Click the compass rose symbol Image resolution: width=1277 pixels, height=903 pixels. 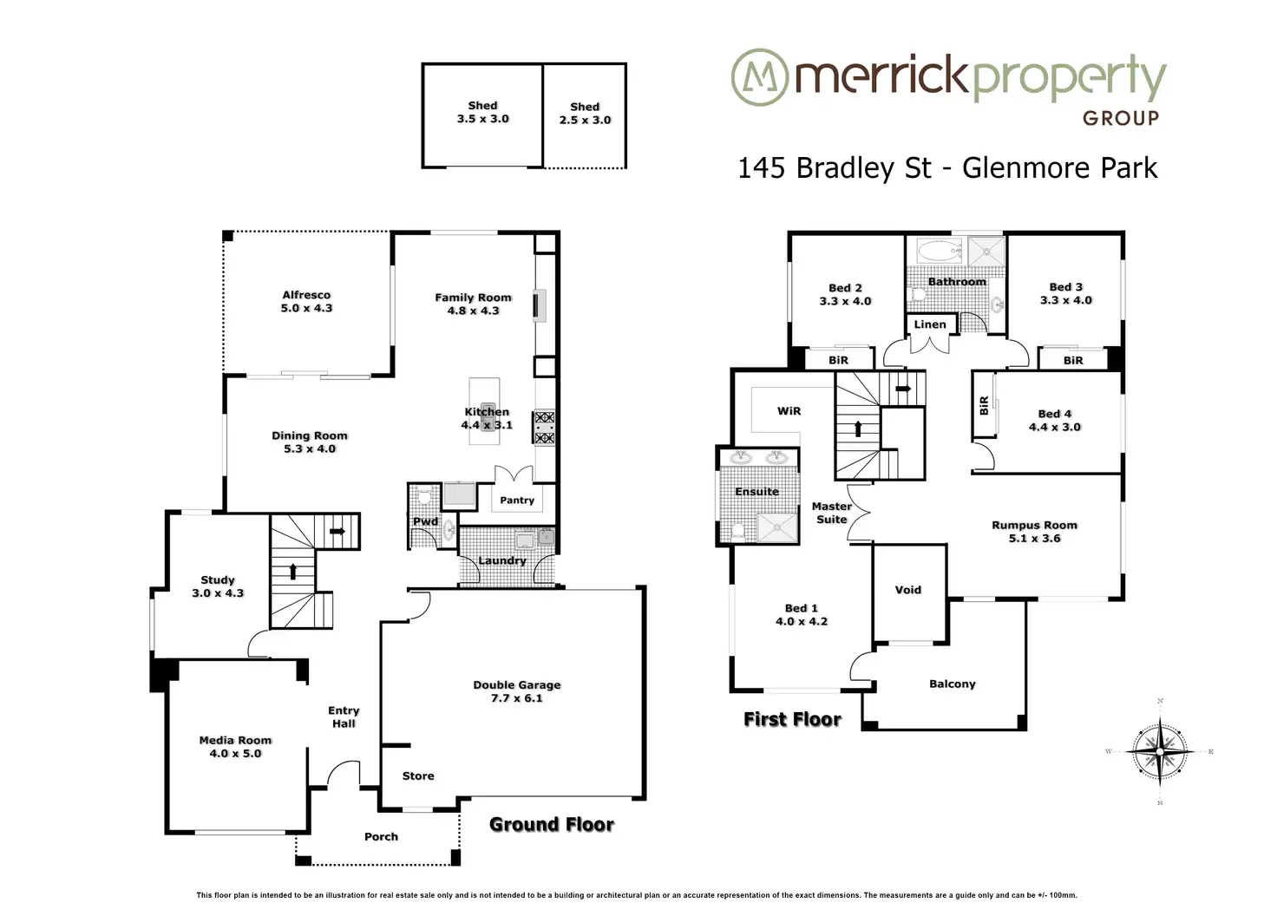pos(1160,752)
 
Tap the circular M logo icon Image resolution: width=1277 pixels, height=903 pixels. pos(760,77)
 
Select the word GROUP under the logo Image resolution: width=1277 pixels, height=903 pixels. pos(1121,118)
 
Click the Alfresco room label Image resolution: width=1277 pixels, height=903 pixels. pos(306,295)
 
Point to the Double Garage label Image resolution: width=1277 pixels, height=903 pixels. pos(516,684)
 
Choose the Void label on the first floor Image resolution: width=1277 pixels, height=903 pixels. pos(907,590)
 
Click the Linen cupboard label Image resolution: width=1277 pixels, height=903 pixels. pos(930,324)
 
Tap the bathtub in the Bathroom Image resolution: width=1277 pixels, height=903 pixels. pos(939,251)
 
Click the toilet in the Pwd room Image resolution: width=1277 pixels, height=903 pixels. pos(423,495)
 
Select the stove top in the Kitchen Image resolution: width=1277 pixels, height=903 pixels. pos(544,427)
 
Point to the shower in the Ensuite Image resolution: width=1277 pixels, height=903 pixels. pos(777,527)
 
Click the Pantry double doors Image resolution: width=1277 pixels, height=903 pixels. pos(514,474)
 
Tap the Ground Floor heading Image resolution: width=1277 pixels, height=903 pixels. pos(551,824)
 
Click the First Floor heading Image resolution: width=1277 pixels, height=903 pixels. pos(792,719)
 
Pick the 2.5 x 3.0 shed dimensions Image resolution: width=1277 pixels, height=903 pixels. pos(585,120)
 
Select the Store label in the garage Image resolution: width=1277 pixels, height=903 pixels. pos(418,775)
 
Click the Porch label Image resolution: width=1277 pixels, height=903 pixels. pos(381,837)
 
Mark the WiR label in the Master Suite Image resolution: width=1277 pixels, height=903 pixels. pos(789,411)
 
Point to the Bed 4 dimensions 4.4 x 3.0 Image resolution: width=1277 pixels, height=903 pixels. pos(1055,427)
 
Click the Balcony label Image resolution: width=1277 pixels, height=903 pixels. pos(952,684)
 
